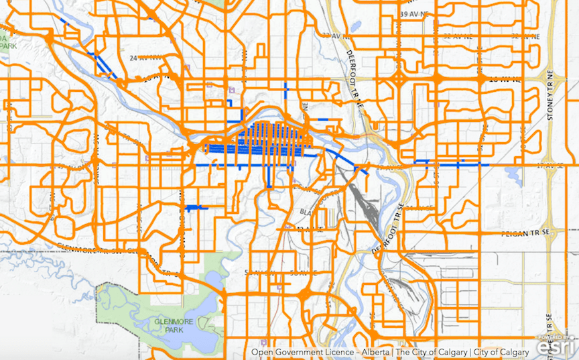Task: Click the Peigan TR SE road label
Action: tap(525, 233)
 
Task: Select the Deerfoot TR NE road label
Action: tap(354, 77)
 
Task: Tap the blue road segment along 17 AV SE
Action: tap(449, 163)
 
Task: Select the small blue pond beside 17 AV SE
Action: tap(513, 176)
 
